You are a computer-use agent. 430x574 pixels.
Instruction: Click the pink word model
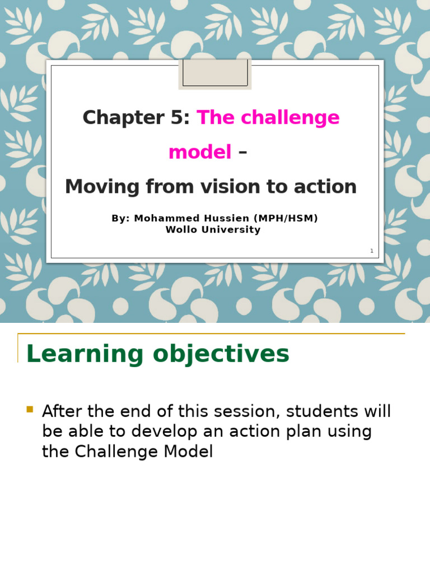point(200,152)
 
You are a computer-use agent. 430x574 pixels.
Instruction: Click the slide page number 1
point(371,251)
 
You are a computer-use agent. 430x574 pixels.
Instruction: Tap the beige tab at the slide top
point(215,73)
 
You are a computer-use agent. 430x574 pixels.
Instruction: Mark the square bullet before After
point(30,409)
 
